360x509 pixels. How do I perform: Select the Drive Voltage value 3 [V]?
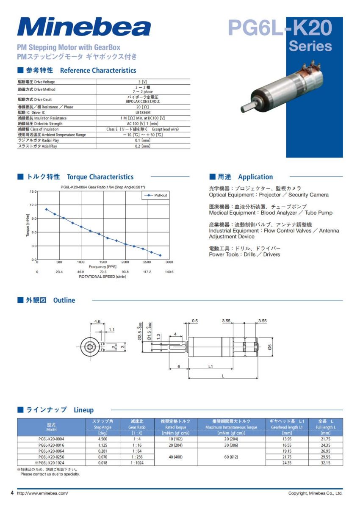tap(143, 82)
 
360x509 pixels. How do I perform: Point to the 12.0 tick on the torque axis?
tap(33, 205)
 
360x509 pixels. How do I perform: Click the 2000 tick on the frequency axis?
tap(125, 262)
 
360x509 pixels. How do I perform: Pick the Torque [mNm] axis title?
tap(28, 226)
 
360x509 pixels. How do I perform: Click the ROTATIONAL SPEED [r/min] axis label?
tap(102, 277)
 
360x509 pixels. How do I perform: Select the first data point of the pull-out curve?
tap(46, 209)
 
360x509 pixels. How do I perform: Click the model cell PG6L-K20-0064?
tap(51, 451)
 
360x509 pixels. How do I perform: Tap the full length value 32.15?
tap(325, 463)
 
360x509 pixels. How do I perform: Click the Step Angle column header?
tap(102, 424)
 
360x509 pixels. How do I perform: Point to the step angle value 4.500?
tap(102, 439)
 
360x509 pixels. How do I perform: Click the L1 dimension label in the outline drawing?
tap(210, 367)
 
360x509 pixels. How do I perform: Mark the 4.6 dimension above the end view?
tap(97, 322)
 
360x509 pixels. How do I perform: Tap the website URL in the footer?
tap(42, 493)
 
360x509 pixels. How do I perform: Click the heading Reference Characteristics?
tap(98, 70)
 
